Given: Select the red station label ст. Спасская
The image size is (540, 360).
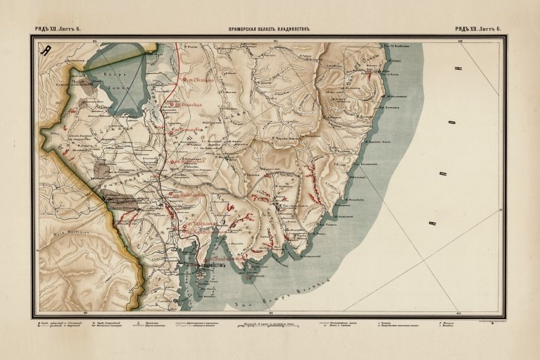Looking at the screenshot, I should point(184,105).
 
